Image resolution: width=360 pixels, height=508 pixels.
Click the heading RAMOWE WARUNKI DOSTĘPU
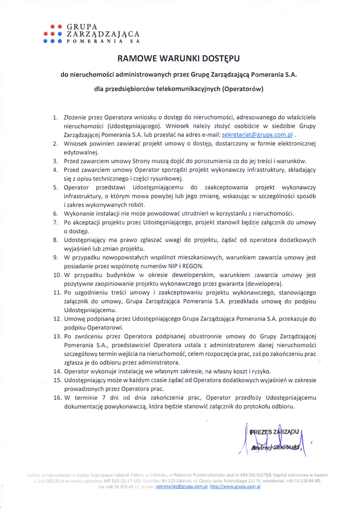pos(178,59)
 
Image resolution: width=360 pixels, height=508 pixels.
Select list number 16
pos(57,397)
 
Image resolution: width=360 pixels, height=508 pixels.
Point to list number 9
pos(56,257)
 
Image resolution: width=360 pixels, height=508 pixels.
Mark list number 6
pos(56,213)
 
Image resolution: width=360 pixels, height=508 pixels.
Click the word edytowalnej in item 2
pos(81,152)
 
